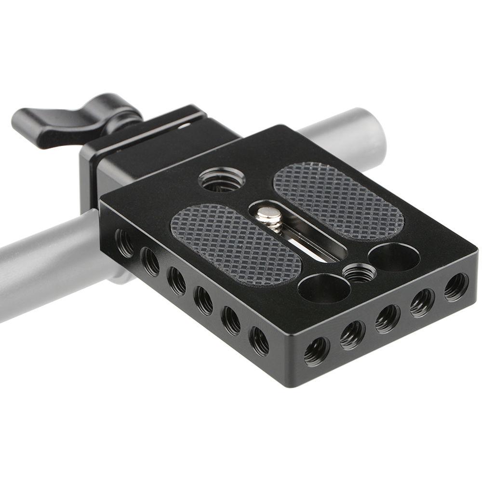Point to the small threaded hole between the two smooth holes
(359, 273)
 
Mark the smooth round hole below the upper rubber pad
(394, 257)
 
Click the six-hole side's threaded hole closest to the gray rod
(124, 243)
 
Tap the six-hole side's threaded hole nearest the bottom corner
(259, 341)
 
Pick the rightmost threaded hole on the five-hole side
(455, 286)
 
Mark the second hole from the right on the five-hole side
(422, 302)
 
